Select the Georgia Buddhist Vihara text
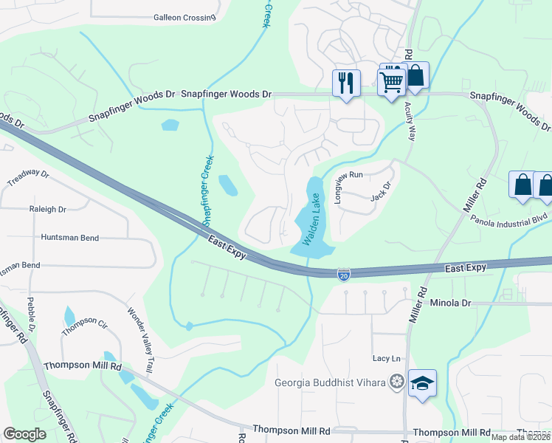coord(331,382)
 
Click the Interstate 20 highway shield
coord(344,275)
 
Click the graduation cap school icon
coord(422,383)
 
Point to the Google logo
coord(24,434)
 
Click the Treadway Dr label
coord(28,178)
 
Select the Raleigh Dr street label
coord(48,209)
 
